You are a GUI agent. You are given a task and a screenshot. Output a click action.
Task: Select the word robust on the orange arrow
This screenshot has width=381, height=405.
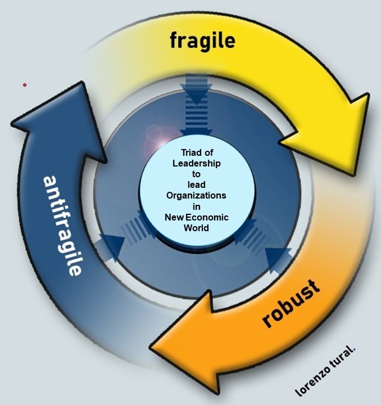pos(291,303)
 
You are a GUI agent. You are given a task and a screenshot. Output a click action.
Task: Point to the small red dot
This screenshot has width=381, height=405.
pos(25,85)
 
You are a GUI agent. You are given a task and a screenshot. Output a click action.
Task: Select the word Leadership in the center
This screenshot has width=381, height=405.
pos(196,163)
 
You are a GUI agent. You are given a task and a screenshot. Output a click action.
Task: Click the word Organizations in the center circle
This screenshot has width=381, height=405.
pos(196,195)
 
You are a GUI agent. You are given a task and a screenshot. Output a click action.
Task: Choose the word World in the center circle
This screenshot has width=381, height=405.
pos(196,228)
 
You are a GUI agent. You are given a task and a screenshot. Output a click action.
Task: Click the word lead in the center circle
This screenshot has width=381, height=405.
pos(196,184)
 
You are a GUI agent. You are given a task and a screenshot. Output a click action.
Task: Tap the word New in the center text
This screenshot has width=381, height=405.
pos(174,217)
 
